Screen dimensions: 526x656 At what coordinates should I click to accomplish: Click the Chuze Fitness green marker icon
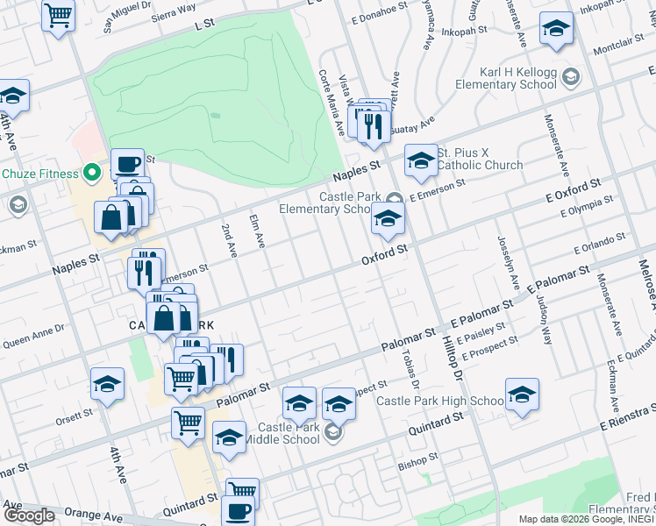coord(89,173)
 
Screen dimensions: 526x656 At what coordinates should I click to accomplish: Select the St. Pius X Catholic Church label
coord(480,159)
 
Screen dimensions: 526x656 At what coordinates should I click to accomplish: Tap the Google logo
coord(29,515)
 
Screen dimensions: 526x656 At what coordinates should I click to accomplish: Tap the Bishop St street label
coord(417,460)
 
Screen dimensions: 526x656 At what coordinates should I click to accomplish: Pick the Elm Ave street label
coord(258,232)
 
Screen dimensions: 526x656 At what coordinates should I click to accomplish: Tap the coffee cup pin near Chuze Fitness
coord(127,163)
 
